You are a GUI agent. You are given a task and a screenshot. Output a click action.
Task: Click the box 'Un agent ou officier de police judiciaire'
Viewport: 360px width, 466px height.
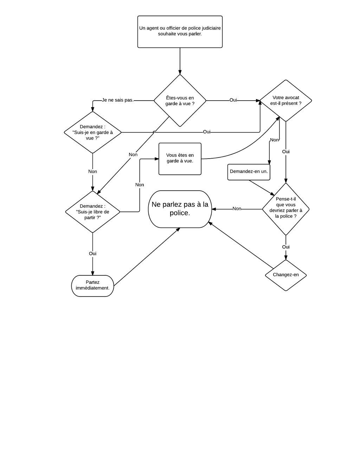(180, 32)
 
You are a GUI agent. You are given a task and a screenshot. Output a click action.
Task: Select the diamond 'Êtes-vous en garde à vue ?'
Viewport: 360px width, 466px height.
(180, 101)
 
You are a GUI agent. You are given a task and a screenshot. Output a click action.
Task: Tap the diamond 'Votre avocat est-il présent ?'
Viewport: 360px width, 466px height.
(285, 101)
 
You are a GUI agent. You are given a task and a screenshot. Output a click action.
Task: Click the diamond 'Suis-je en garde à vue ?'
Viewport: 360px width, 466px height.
(92, 132)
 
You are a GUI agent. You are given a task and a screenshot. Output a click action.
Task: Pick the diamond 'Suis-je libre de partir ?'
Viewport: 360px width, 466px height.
(92, 212)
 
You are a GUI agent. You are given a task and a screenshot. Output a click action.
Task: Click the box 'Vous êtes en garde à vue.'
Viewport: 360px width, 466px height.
(180, 159)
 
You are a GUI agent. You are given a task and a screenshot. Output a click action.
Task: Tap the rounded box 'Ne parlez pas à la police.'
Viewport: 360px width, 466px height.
(180, 209)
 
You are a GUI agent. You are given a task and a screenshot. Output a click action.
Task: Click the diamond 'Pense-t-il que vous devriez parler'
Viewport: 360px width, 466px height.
(285, 209)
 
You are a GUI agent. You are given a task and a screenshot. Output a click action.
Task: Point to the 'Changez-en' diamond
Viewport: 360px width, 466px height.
(285, 275)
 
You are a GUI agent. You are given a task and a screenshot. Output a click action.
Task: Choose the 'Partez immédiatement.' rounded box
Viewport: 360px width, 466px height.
(92, 286)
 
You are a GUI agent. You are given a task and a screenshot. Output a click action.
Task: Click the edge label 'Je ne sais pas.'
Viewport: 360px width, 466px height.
(118, 100)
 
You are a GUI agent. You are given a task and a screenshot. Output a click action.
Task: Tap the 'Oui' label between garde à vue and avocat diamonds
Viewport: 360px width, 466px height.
(233, 100)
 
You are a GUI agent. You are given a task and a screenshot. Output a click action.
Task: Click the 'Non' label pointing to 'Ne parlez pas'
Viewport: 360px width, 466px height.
(237, 209)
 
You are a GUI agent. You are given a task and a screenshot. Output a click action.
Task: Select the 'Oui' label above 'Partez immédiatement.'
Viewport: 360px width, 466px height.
(92, 254)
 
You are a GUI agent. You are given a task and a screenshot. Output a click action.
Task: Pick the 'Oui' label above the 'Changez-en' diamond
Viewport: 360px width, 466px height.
(285, 247)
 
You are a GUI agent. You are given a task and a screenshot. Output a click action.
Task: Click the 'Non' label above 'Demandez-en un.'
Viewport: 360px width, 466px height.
(274, 140)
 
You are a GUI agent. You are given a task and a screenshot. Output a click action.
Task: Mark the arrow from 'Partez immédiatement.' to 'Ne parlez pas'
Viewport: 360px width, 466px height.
(147, 257)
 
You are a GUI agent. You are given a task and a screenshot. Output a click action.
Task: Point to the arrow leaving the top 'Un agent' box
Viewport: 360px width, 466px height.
(180, 61)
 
